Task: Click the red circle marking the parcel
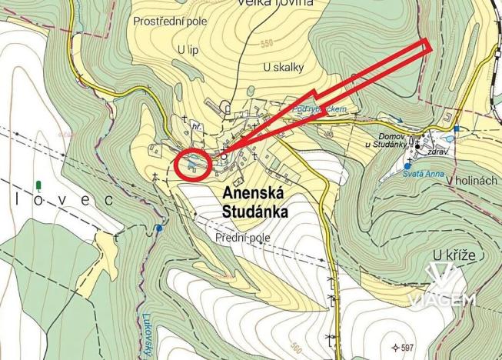point(193,165)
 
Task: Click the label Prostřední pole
point(170,21)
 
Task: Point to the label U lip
point(188,48)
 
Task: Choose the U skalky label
point(283,68)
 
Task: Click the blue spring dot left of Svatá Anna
point(407,165)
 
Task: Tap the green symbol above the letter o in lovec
point(38,185)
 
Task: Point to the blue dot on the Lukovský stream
point(158,228)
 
